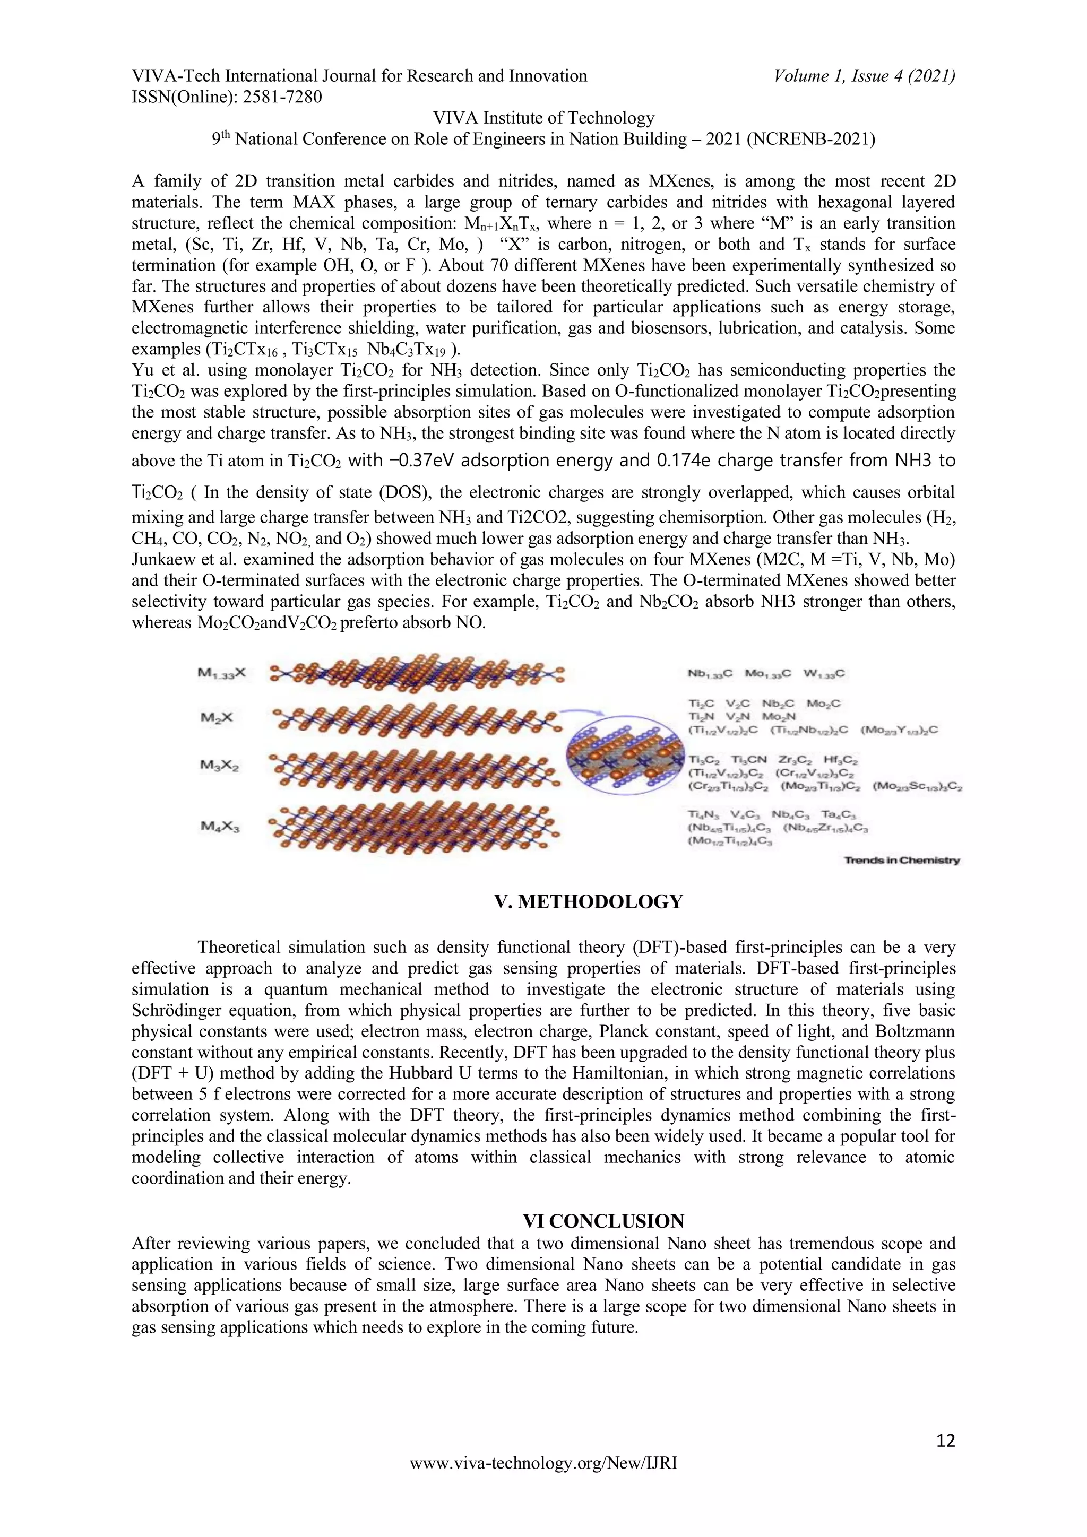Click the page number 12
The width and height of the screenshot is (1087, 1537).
[x=945, y=1440]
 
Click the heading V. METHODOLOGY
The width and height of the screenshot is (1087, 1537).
[x=588, y=902]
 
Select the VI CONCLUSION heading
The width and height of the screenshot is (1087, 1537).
[x=603, y=1220]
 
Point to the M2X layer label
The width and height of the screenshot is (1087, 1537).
[x=215, y=717]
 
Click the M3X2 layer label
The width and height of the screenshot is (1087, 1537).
[x=219, y=766]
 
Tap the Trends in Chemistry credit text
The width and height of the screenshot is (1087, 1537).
[x=901, y=860]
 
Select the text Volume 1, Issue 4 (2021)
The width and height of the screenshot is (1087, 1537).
[x=864, y=76]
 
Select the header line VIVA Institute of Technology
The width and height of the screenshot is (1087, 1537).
[x=543, y=118]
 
